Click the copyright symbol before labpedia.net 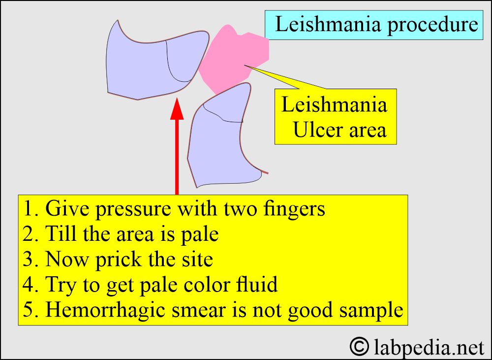coord(359,346)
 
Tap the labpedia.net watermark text coord(429,347)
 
